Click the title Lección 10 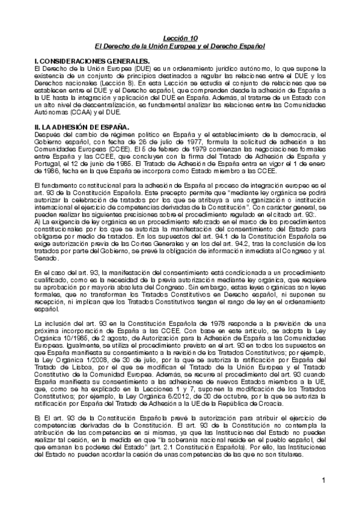180,38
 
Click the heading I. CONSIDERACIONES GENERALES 93,61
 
